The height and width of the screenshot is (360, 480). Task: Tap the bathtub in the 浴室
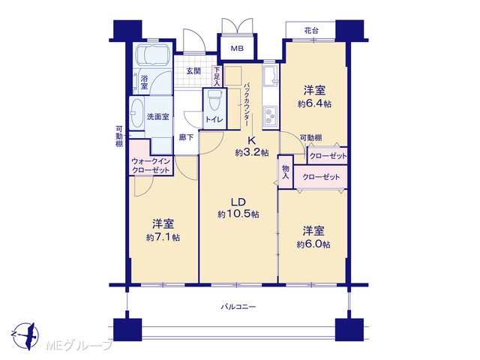coord(152,55)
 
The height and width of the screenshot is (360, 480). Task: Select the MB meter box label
coord(237,48)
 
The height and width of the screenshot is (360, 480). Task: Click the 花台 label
coord(311,31)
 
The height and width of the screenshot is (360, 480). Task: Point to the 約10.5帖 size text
coord(238,214)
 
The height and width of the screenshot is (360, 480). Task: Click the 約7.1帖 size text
coord(163,237)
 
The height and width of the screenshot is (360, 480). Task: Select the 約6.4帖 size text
coord(314,103)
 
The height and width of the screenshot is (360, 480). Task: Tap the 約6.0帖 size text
coord(313,244)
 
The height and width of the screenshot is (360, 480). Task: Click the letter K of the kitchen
coord(251,140)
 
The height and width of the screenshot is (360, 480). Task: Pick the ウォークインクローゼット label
coord(151,166)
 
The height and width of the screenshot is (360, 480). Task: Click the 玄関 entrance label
coord(193,71)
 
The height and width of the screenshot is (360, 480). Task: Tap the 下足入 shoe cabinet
coord(217,76)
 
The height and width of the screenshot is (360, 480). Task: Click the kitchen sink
coord(271,76)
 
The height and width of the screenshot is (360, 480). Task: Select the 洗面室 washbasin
coord(136,113)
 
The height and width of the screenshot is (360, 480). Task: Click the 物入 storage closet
coord(286,172)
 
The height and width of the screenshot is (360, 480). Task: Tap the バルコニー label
coord(238,307)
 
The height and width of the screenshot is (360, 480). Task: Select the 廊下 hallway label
coord(186,137)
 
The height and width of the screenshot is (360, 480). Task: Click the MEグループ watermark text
coord(79,346)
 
